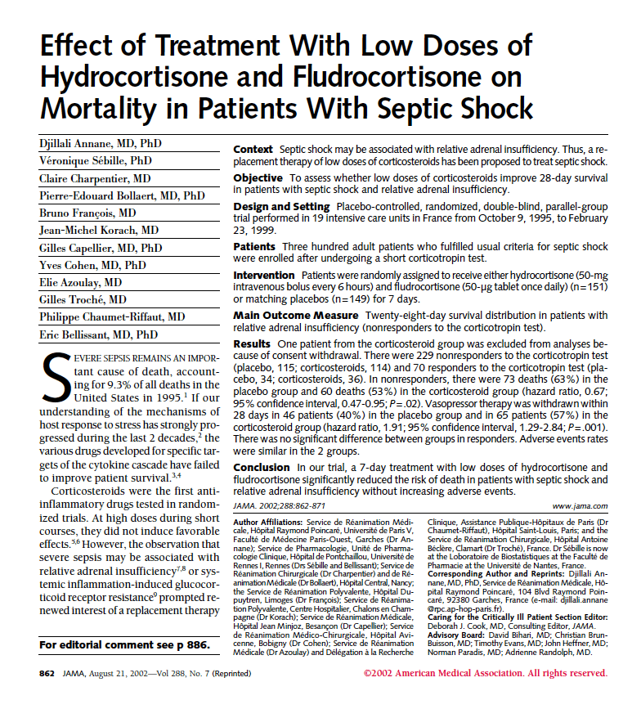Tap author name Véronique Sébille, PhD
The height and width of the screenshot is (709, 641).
click(x=96, y=161)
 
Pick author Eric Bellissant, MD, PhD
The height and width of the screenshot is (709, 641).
click(x=99, y=334)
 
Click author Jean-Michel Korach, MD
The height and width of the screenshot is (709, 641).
click(x=99, y=230)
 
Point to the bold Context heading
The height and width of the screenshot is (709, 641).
click(x=253, y=150)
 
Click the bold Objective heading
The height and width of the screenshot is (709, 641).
click(x=259, y=177)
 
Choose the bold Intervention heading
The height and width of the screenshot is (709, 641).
click(x=266, y=275)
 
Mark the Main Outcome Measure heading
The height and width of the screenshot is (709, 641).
click(x=296, y=315)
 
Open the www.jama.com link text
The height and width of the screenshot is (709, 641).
click(x=580, y=507)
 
